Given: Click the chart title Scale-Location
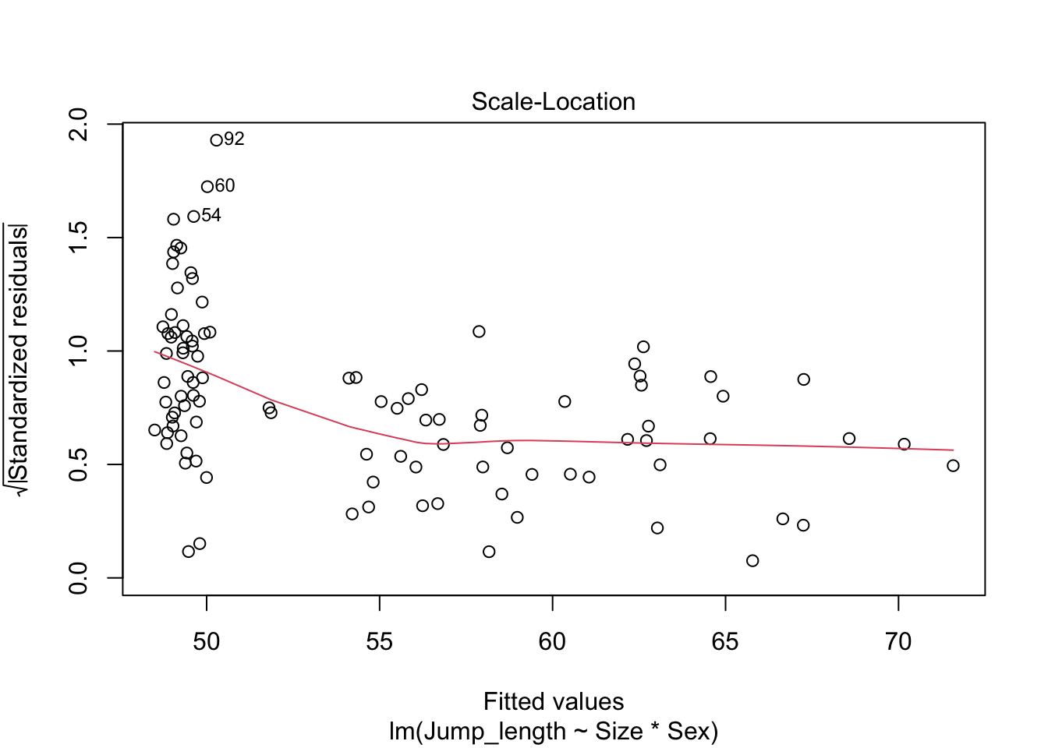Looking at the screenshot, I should pos(553,102).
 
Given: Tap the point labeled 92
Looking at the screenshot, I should pos(217,140).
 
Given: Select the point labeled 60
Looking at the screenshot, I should pos(207,187).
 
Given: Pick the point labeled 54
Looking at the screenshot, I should pos(193,217).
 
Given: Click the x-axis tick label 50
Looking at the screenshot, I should pos(206,641).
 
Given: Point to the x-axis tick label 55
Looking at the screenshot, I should pos(379,641).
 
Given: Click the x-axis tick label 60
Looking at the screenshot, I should pos(552,641).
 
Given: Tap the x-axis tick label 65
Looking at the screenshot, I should pos(725,641).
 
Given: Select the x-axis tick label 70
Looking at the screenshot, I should pos(898,641).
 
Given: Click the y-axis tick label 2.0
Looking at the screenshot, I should pos(79,124).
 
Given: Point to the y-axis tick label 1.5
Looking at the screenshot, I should pos(79,238).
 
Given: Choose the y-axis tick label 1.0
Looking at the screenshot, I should pos(79,351).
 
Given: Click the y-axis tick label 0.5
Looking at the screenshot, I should pos(79,464).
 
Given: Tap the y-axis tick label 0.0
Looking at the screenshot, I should pos(79,577).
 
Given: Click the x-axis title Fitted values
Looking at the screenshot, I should pos(553,701).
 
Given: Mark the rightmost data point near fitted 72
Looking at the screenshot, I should pos(953,466).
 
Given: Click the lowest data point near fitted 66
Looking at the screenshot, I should pos(752,561).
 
